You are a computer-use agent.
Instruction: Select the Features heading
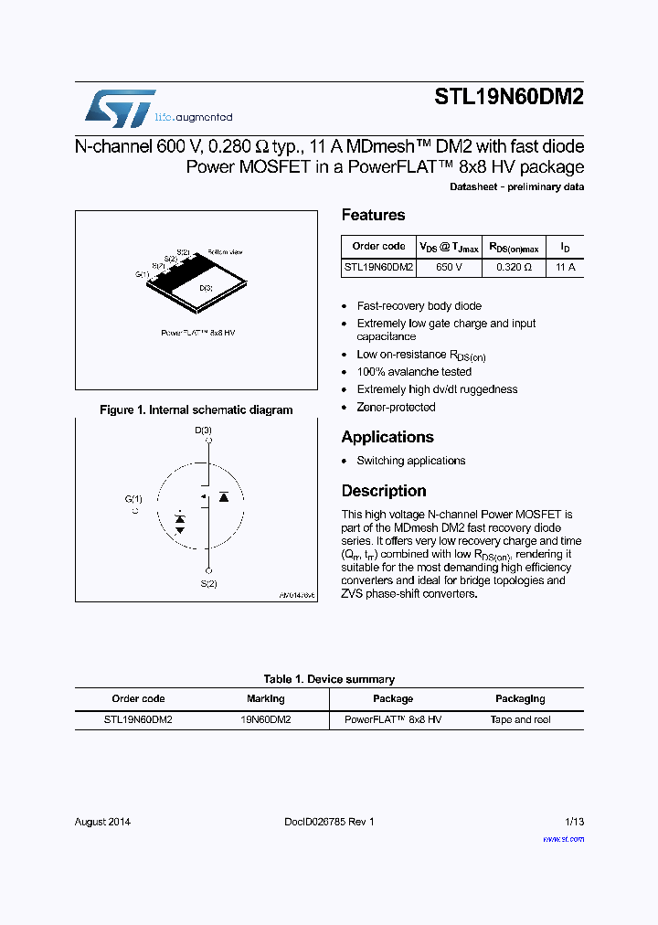click(x=373, y=215)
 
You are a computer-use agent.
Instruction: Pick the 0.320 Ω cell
click(x=514, y=268)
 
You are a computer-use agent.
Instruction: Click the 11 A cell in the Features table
click(x=565, y=268)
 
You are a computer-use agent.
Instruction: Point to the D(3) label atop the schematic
click(x=203, y=430)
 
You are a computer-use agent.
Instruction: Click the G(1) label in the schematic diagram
click(x=134, y=499)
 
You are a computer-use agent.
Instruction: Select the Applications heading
click(x=387, y=437)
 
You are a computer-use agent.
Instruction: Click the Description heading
click(x=384, y=491)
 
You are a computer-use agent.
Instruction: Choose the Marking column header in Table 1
click(x=266, y=698)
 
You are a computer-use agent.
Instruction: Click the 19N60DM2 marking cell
click(x=266, y=719)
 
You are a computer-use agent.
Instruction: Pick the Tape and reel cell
click(x=520, y=719)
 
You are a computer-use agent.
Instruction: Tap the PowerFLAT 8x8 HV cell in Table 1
click(x=393, y=719)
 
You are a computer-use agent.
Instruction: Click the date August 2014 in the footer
click(x=102, y=821)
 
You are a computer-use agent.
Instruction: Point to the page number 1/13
click(x=574, y=821)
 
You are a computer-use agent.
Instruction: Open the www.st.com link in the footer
click(x=563, y=837)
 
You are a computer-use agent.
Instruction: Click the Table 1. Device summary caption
click(x=329, y=679)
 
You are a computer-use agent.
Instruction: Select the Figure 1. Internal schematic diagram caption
click(x=196, y=410)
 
